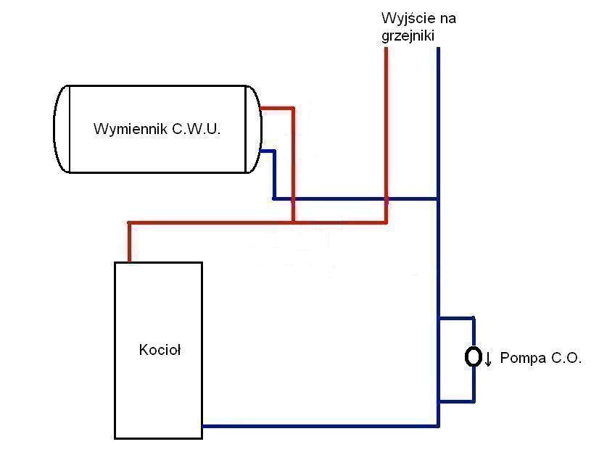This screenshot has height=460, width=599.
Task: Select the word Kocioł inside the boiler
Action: click(159, 350)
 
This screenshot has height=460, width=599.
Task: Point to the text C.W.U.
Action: click(196, 130)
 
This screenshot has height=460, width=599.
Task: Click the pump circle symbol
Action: click(474, 356)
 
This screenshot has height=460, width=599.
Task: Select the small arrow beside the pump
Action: click(488, 358)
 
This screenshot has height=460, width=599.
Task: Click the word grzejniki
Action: click(409, 35)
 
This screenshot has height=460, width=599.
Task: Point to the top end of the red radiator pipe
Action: click(386, 49)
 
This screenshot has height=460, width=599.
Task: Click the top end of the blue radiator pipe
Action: click(438, 49)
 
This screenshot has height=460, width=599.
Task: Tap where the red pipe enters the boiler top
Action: click(129, 260)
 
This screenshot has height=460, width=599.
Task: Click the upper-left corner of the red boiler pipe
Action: click(129, 222)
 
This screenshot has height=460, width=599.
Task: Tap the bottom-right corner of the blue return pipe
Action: click(438, 425)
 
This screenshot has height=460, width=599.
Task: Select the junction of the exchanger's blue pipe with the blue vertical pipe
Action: click(438, 198)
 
